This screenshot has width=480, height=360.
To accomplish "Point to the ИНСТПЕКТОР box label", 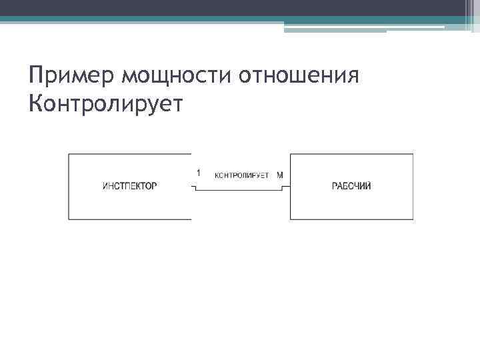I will click(130, 186).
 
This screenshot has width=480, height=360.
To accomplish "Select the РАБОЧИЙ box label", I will click(351, 186).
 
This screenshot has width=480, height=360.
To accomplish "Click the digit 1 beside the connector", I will click(199, 173).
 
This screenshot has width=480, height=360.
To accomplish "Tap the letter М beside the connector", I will click(280, 175).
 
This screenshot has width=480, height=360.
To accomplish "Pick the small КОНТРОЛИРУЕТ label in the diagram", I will click(242, 175).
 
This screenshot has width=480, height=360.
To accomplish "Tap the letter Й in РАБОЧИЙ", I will click(368, 185).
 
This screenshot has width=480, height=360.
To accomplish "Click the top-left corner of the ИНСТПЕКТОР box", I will click(69, 155).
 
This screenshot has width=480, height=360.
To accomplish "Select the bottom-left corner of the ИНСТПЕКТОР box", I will click(69, 219).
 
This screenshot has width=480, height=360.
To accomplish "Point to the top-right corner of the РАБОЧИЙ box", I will click(413, 155).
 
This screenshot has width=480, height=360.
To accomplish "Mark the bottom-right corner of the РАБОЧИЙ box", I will click(413, 219).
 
